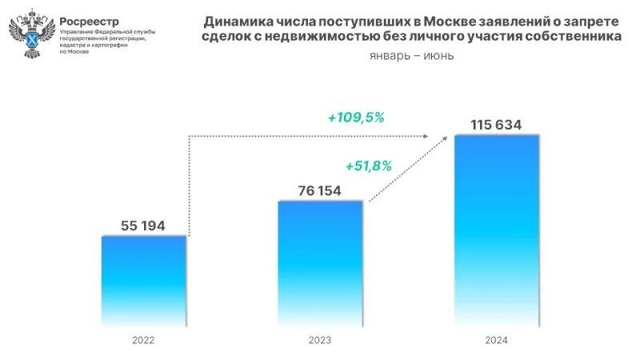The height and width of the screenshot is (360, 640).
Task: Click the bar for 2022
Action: pos(144,280)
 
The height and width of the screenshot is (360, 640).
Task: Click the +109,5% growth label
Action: pos(356,117)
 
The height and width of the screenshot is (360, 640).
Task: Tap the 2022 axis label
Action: pos(144,340)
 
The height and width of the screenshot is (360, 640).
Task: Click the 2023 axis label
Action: pos(320,340)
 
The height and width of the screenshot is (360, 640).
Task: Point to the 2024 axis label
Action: pos(496,340)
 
